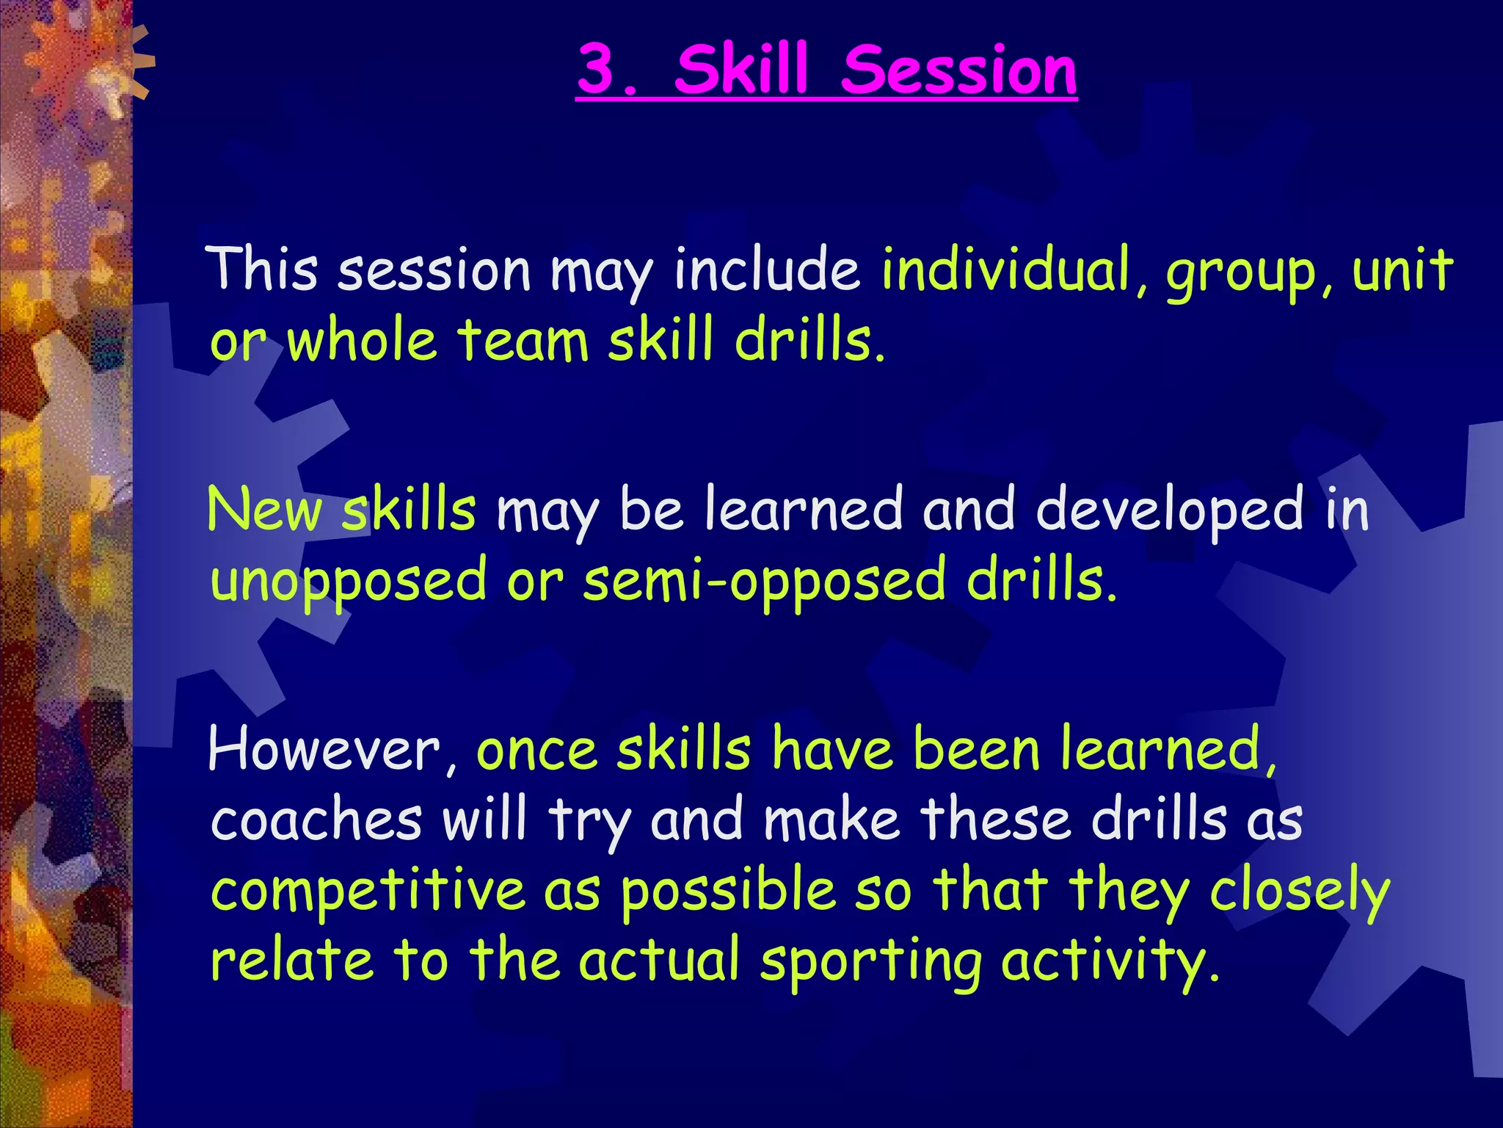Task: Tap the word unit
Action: click(x=1402, y=269)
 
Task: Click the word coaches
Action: click(x=316, y=820)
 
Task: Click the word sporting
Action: click(x=870, y=963)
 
